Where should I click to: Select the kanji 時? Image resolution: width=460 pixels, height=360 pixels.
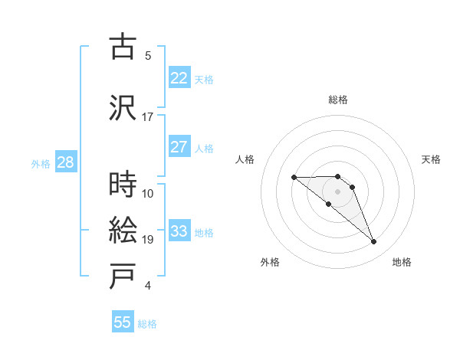click(123, 185)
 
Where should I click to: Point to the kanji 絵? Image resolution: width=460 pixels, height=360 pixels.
click(123, 231)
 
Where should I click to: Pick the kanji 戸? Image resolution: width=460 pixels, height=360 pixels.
click(123, 277)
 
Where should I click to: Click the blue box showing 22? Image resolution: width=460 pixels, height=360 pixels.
click(179, 78)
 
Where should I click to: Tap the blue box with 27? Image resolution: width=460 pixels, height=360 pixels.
click(179, 147)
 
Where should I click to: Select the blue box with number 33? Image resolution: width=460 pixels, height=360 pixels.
click(179, 231)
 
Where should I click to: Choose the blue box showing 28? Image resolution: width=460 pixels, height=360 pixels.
click(64, 162)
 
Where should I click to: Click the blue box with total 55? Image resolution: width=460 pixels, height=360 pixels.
click(123, 322)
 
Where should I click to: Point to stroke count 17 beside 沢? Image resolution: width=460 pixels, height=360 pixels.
click(148, 116)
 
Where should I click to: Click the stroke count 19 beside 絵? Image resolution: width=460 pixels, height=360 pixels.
click(148, 240)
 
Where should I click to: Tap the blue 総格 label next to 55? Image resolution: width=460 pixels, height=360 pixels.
click(147, 324)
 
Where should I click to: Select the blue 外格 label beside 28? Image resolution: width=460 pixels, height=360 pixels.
click(41, 163)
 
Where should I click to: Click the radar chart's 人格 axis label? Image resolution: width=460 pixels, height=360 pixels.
click(245, 159)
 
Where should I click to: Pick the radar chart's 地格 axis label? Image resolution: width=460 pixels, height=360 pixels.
click(402, 262)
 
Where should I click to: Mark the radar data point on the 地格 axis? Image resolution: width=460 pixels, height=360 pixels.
click(374, 242)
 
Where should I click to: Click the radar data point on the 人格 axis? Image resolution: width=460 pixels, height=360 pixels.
click(294, 178)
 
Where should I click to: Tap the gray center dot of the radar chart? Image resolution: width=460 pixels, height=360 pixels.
click(337, 191)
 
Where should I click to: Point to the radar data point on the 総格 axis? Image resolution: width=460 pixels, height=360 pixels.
click(337, 176)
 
